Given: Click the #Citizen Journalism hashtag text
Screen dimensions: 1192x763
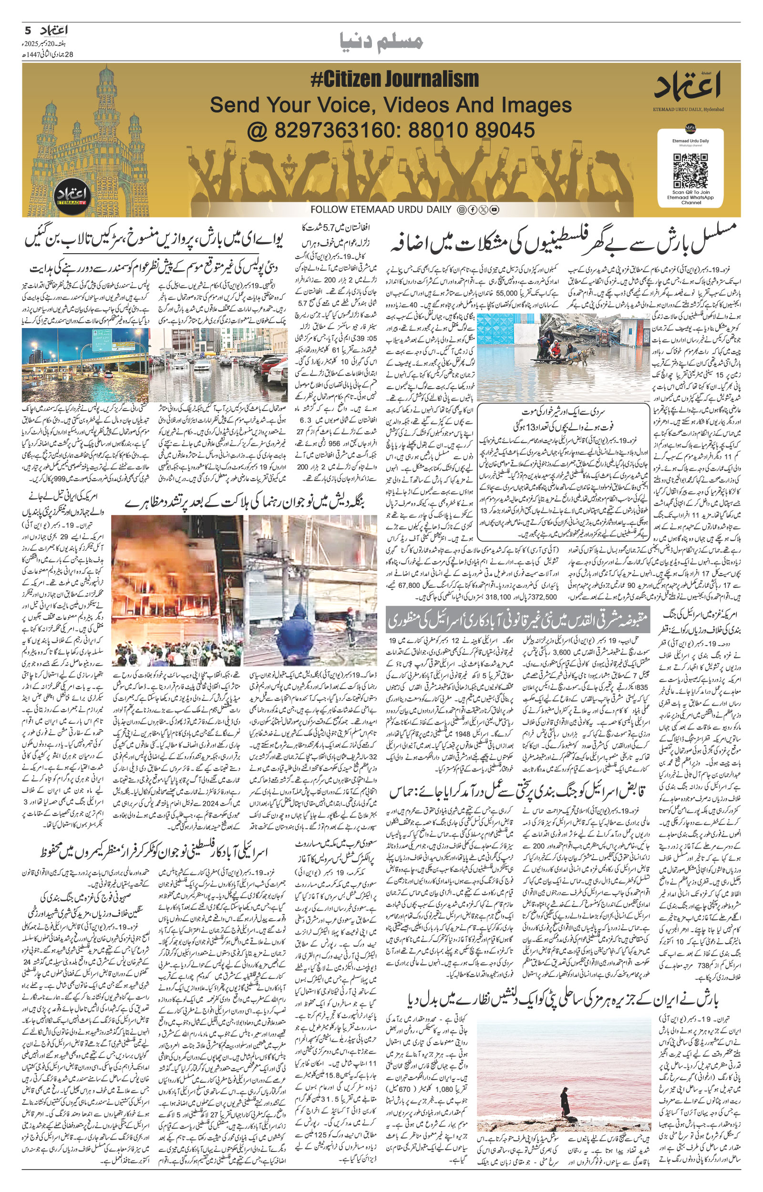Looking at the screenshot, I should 394,80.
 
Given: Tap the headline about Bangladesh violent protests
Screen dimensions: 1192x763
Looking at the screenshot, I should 246,504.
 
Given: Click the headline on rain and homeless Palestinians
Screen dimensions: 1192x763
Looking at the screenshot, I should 564,236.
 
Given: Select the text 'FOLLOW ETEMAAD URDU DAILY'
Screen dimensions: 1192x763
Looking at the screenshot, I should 381,209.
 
